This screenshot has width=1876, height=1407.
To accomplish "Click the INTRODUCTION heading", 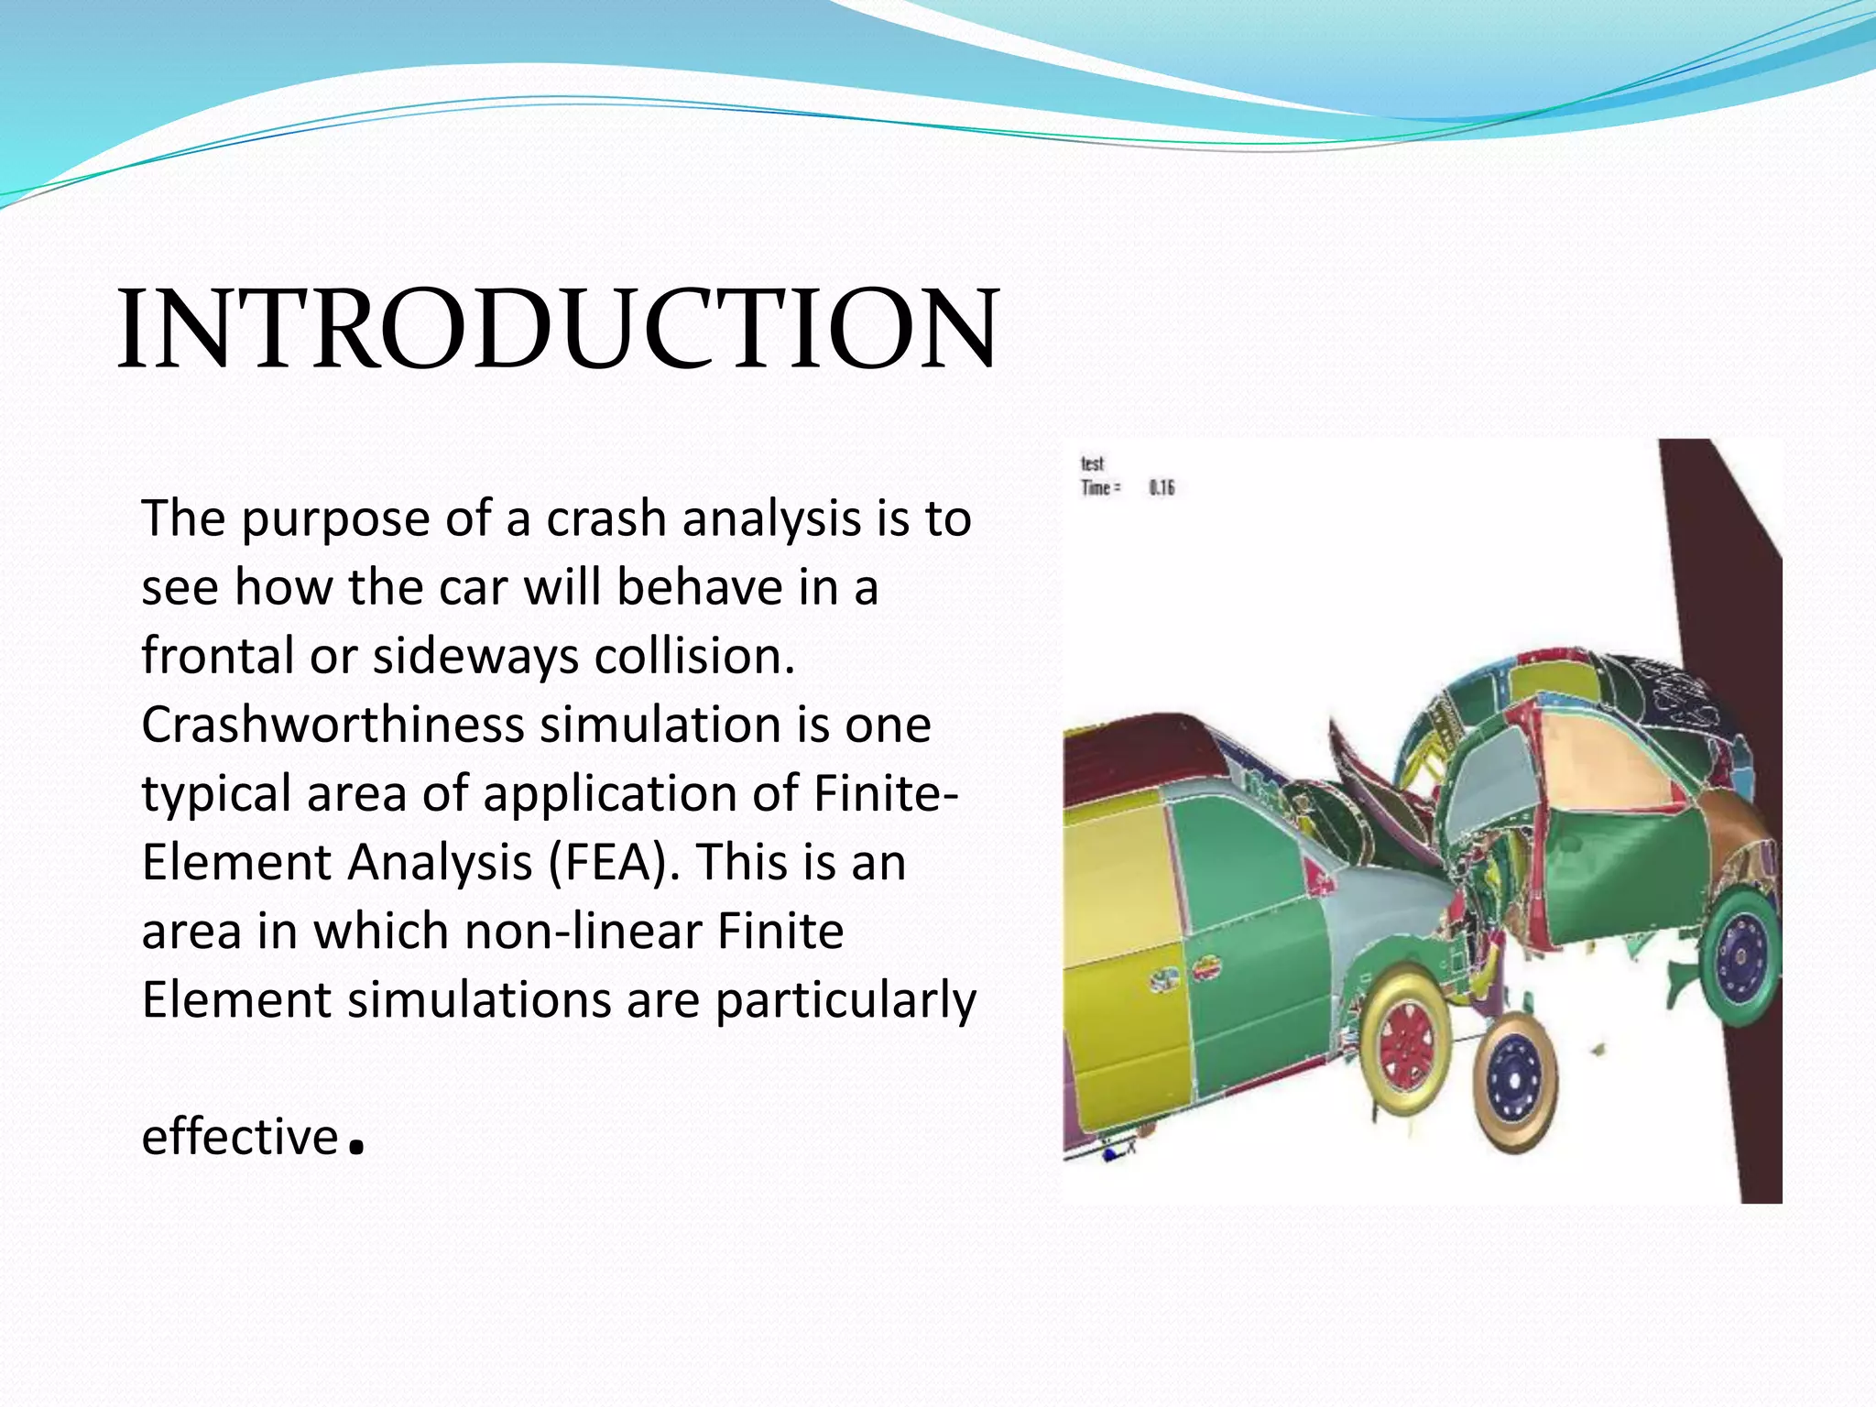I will pyautogui.click(x=557, y=330).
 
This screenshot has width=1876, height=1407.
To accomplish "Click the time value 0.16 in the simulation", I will pyautogui.click(x=1162, y=487).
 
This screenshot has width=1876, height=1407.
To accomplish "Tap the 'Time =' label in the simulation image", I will pyautogui.click(x=1100, y=487).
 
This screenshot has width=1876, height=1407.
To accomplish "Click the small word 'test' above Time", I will pyautogui.click(x=1092, y=464).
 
